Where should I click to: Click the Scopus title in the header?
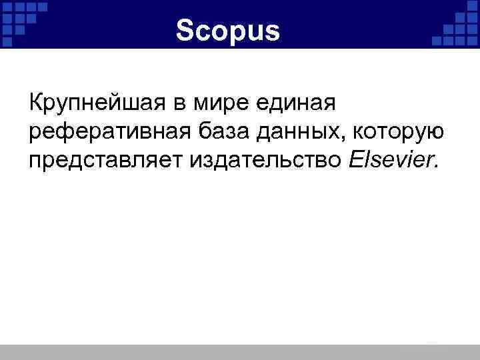pos(229,29)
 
